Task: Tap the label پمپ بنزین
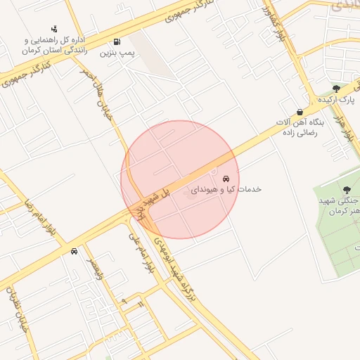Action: click(x=117, y=53)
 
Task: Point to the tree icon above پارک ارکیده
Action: click(x=336, y=89)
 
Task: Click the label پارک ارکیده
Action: click(x=335, y=100)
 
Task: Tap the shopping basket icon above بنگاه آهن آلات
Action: click(x=300, y=112)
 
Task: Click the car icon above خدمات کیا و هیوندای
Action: click(x=226, y=179)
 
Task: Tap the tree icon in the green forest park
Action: click(x=347, y=189)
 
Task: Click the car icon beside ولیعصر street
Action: click(x=74, y=251)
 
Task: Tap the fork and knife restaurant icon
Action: click(x=141, y=304)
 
